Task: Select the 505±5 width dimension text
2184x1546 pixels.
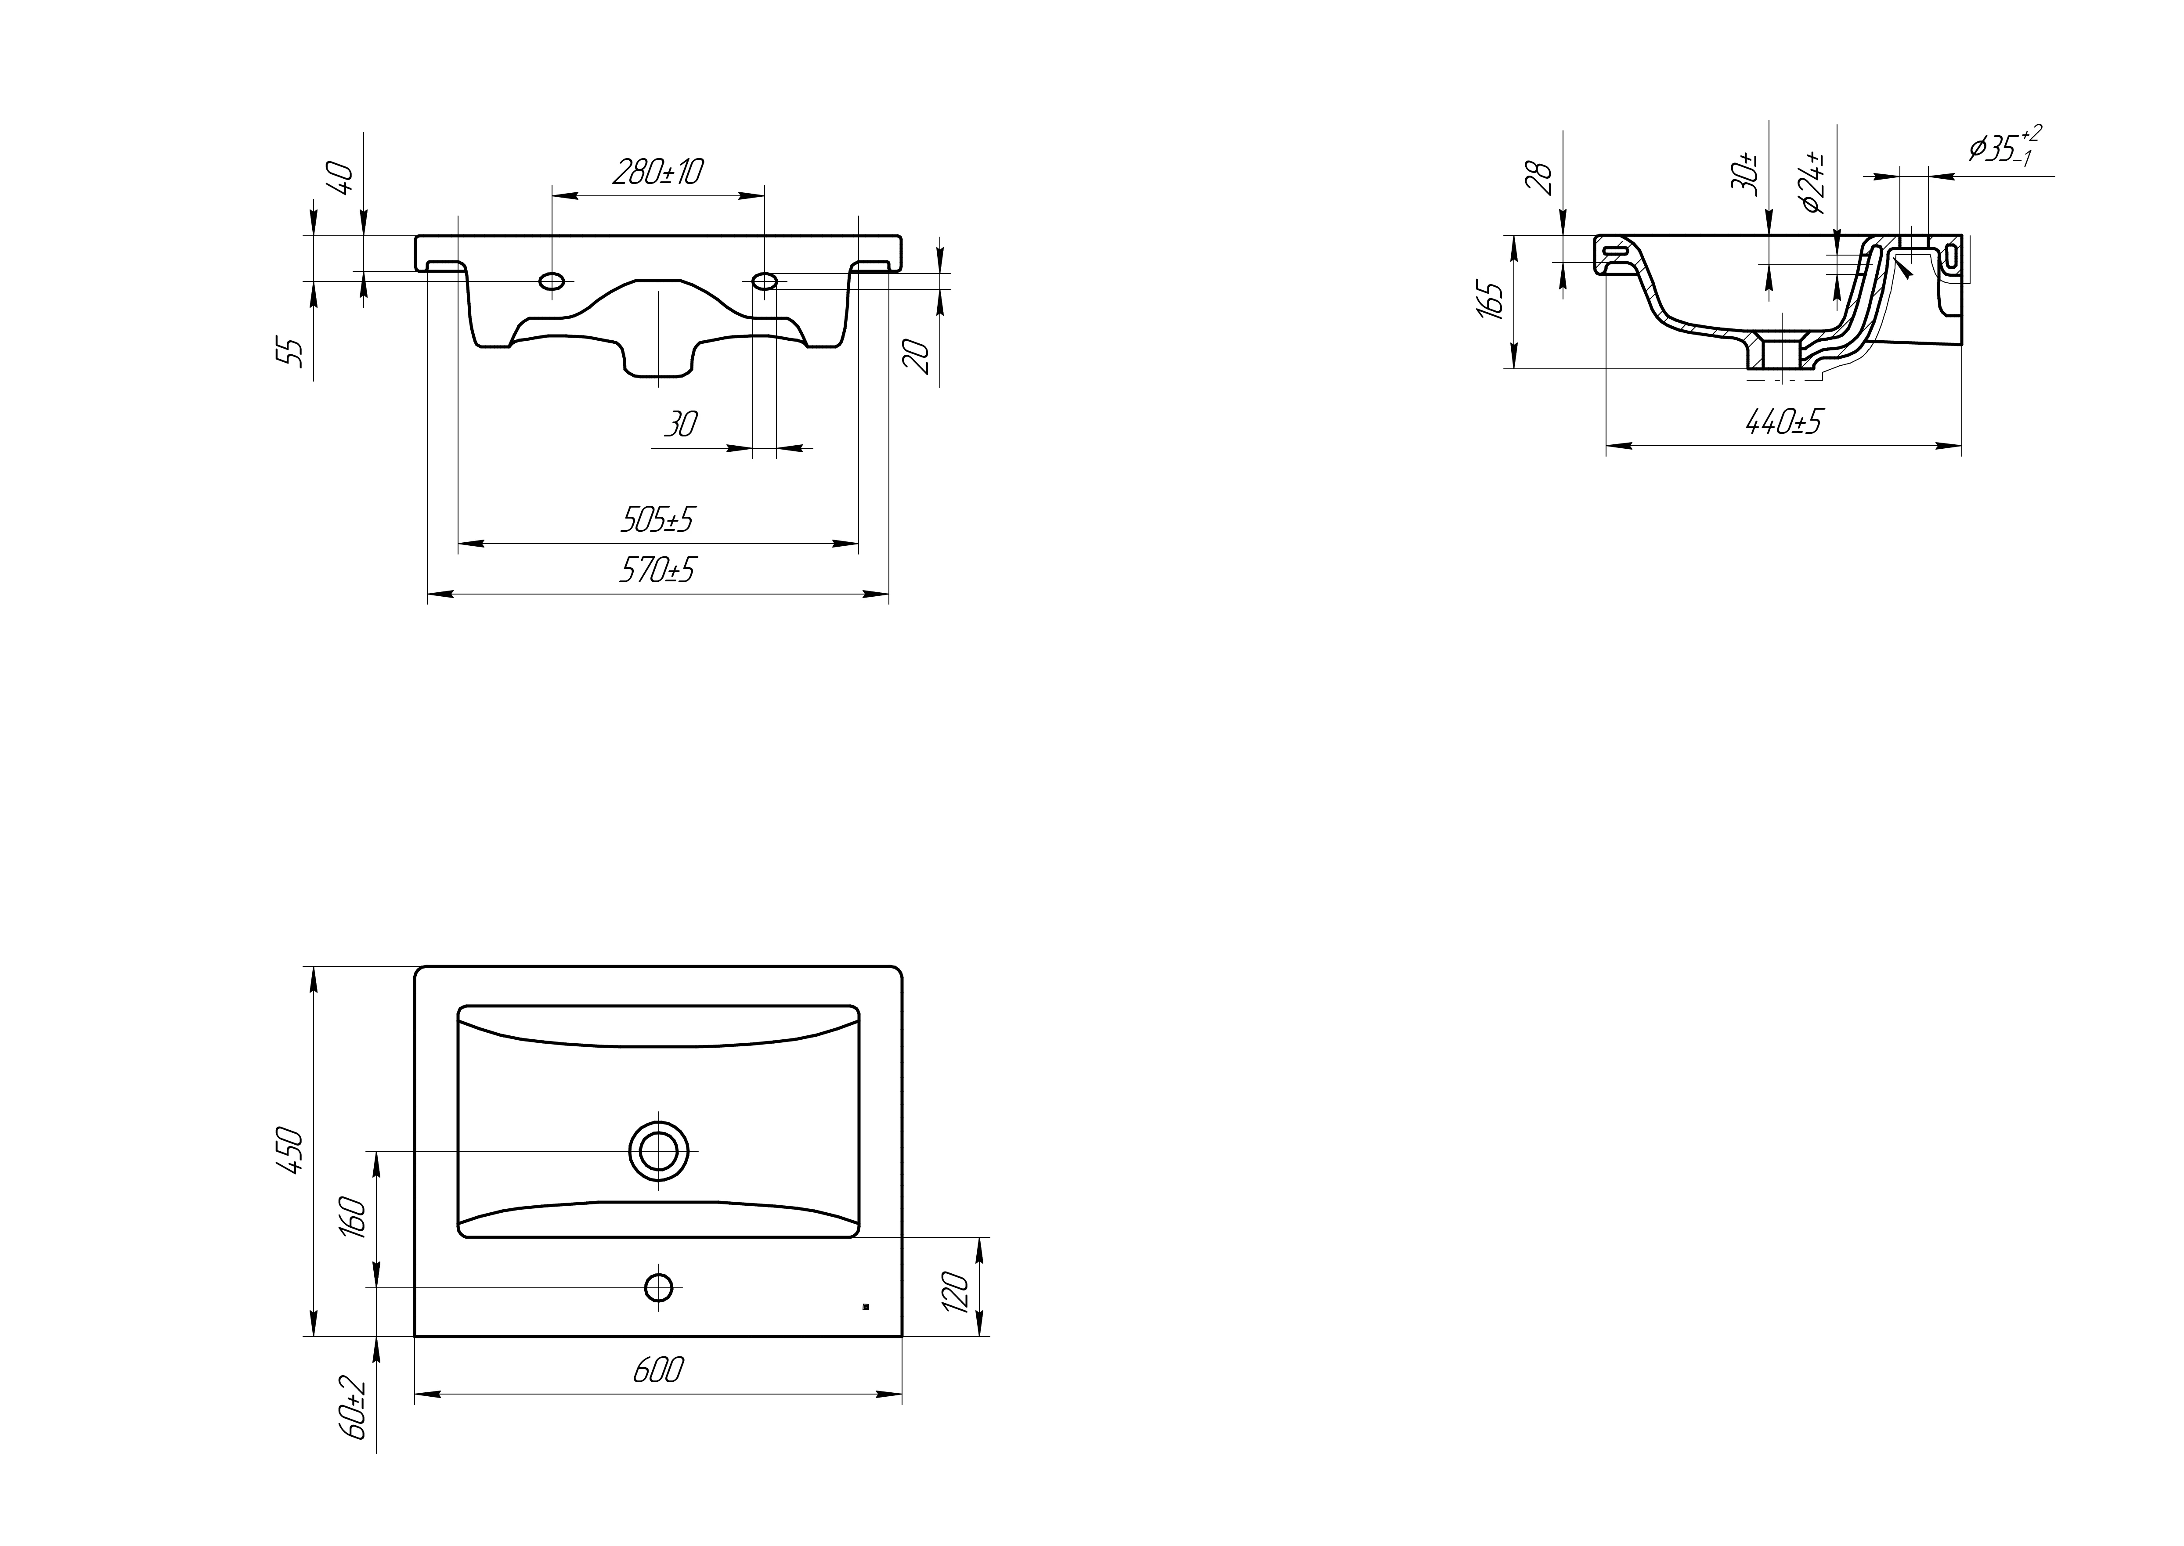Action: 657,519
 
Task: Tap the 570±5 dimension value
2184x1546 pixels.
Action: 657,569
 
